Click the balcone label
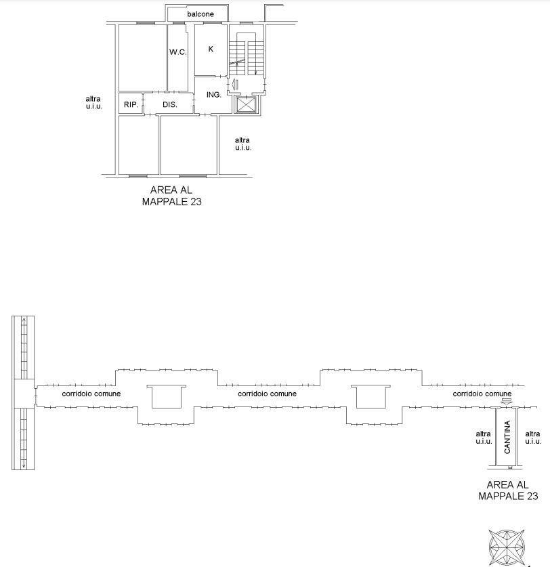point(200,14)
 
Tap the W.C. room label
point(178,52)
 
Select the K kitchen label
point(211,49)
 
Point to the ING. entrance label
point(214,95)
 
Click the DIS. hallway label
point(169,105)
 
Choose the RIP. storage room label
point(131,105)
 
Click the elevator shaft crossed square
point(247,105)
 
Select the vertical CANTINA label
point(507,437)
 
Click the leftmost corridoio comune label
point(91,394)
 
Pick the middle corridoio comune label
point(268,394)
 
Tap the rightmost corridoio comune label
point(482,394)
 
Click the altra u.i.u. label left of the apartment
point(93,102)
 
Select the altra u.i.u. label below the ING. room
point(242,144)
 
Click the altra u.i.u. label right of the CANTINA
point(533,438)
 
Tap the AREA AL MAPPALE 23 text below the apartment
point(171,196)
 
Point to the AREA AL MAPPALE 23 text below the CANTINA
point(508,490)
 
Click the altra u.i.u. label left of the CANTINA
point(484,438)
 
